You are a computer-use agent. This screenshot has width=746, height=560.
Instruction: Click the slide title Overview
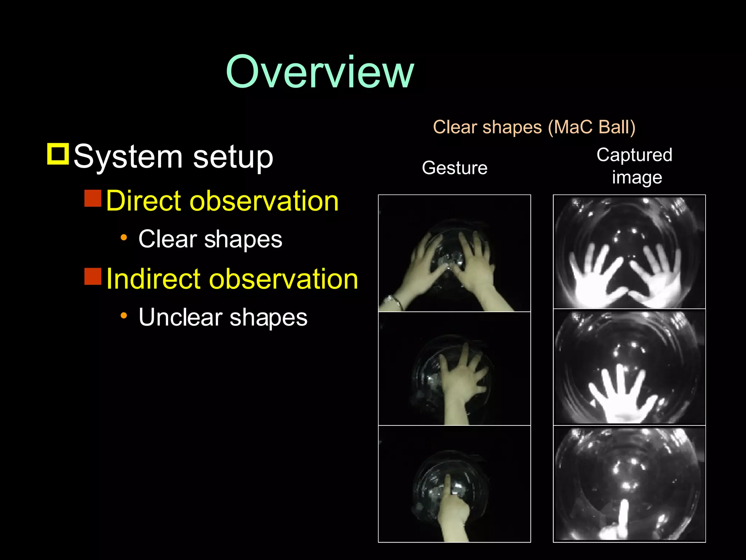[319, 72]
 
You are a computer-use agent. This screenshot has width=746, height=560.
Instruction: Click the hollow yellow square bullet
[58, 154]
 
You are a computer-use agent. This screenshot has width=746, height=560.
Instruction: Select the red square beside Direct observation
[93, 198]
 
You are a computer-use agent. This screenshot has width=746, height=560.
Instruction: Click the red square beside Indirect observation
[93, 276]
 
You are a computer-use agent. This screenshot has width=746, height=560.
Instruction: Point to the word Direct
[149, 201]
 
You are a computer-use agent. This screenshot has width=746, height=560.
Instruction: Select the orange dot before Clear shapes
[124, 238]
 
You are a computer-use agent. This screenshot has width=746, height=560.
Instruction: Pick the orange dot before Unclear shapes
[124, 316]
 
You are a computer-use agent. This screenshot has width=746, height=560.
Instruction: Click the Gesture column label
[454, 168]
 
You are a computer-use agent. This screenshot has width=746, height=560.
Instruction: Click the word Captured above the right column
[634, 155]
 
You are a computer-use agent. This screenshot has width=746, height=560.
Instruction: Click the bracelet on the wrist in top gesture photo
[394, 302]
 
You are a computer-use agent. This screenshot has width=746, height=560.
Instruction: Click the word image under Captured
[637, 178]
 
